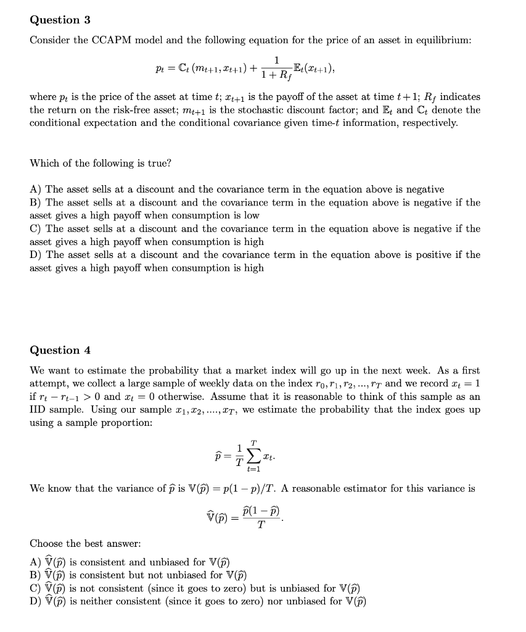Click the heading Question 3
click(60, 20)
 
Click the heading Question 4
click(60, 350)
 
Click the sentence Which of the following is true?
click(101, 163)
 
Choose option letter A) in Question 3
click(36, 189)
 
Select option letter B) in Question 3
click(36, 202)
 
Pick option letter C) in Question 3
click(36, 228)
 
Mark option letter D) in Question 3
click(36, 254)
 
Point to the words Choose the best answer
click(85, 544)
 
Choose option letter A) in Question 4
click(36, 562)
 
